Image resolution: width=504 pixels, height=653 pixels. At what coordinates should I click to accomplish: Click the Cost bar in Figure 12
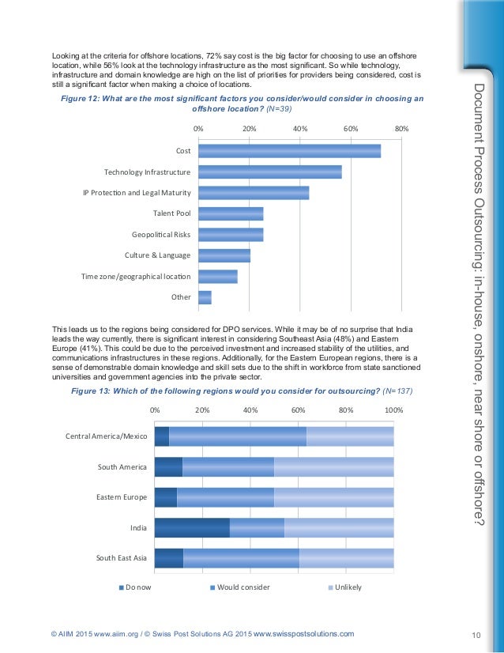tap(289, 151)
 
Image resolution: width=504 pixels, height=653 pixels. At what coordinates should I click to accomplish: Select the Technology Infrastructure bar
tap(269, 172)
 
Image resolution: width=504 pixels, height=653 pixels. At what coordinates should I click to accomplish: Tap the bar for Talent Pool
tap(231, 213)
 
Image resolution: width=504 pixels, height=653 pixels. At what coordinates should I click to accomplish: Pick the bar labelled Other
tap(205, 297)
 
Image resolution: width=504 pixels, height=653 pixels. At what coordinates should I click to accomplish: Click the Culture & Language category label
tap(157, 255)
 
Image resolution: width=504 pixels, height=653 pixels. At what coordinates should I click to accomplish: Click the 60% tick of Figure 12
tap(351, 127)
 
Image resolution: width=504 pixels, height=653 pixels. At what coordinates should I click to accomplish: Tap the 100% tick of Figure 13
tap(393, 410)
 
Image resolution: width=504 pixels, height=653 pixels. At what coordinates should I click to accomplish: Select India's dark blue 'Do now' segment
tap(192, 528)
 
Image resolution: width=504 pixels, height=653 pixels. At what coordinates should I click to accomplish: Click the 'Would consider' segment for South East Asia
tap(241, 558)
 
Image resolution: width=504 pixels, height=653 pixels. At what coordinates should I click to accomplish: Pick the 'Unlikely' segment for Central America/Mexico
tap(350, 436)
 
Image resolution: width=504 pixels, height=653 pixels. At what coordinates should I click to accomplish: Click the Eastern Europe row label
tap(122, 497)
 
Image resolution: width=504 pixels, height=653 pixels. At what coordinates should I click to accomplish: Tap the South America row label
tap(122, 466)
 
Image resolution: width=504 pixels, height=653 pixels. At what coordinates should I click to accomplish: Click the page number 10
tap(476, 634)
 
